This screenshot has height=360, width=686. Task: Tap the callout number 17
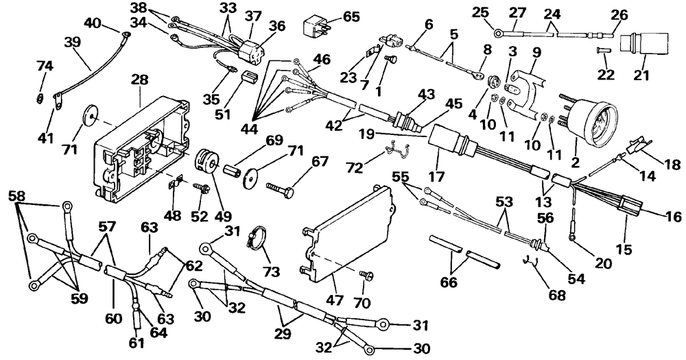437,177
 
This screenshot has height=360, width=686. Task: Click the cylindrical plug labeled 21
644,44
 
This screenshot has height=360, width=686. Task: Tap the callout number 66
449,282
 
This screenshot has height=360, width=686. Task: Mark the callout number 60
113,319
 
